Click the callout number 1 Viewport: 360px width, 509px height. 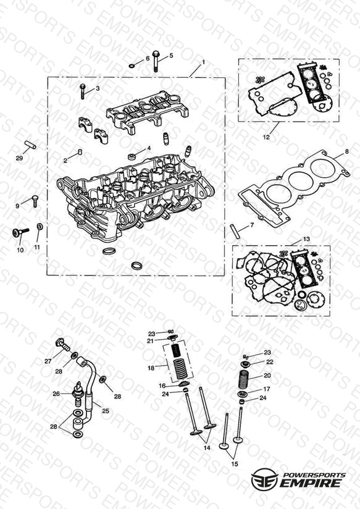pos(204,62)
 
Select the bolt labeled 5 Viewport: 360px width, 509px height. pos(156,62)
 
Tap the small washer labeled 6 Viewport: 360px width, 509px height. pos(132,66)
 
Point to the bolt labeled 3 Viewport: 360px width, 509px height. pos(83,91)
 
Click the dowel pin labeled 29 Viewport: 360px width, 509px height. pos(30,145)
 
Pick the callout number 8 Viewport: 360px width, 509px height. pos(346,151)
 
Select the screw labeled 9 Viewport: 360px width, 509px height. pos(35,201)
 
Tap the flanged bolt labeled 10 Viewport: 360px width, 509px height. pos(20,232)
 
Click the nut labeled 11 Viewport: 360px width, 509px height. pos(40,226)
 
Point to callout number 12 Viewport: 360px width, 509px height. pos(266,137)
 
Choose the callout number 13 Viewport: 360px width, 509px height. pos(306,239)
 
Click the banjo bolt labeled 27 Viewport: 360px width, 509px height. pos(63,345)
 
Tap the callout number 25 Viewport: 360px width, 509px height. pos(106,411)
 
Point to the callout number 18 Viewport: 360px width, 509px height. pos(151,368)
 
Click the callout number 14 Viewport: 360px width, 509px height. pos(207,448)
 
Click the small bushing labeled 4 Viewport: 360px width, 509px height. pos(132,157)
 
